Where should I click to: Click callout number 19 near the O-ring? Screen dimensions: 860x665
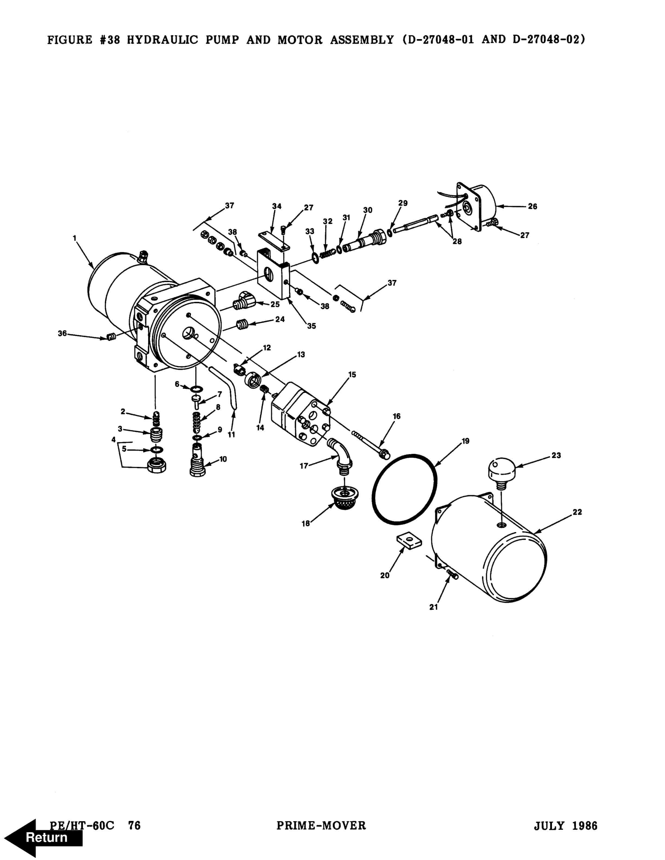pyautogui.click(x=466, y=441)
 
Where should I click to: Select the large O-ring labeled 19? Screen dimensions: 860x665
pyautogui.click(x=404, y=489)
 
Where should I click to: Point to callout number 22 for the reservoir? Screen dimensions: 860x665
pyautogui.click(x=577, y=512)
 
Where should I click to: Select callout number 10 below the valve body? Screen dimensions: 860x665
pyautogui.click(x=223, y=459)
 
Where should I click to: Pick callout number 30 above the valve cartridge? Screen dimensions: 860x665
pyautogui.click(x=368, y=210)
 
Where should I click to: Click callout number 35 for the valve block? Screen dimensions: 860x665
pyautogui.click(x=312, y=326)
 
